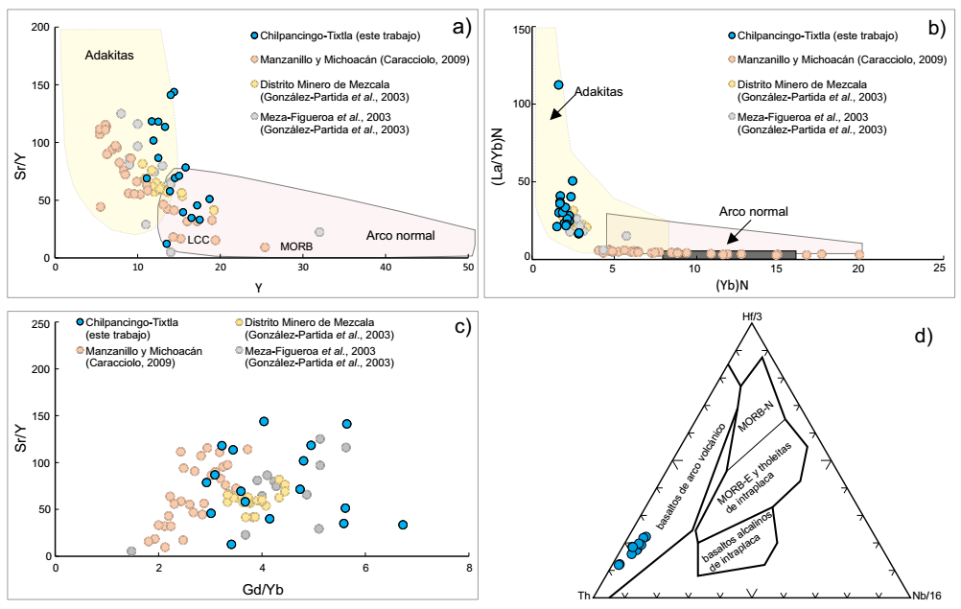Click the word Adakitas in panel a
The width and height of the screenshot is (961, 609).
[x=109, y=55]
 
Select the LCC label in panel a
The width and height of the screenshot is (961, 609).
[x=198, y=239]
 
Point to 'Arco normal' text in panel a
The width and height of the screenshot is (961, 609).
[x=401, y=236]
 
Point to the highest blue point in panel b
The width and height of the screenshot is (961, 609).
[x=558, y=84]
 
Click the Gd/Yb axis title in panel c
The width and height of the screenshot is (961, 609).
[x=261, y=587]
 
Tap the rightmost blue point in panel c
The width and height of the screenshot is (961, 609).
[x=403, y=525]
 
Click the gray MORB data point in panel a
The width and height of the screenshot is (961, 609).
[x=319, y=232]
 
